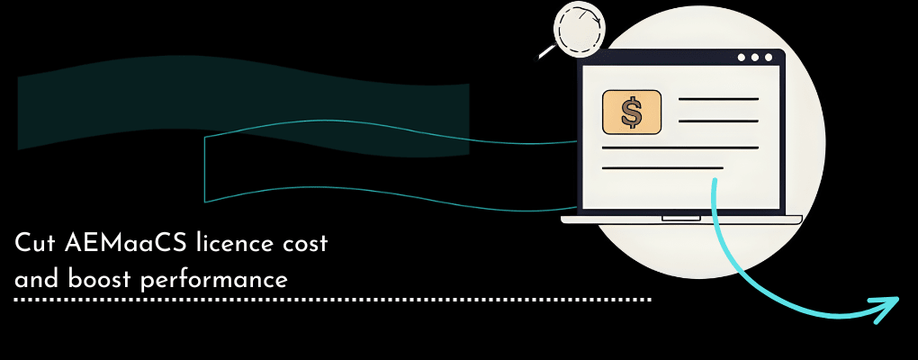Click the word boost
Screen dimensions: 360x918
click(x=94, y=279)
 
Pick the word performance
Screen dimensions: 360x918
click(x=214, y=280)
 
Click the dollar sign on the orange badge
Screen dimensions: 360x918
click(x=632, y=112)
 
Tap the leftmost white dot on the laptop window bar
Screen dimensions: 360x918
click(x=741, y=58)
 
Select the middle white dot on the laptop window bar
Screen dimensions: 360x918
click(x=754, y=58)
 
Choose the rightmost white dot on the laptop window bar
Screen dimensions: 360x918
click(x=768, y=58)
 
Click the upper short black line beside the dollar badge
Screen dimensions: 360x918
click(x=718, y=99)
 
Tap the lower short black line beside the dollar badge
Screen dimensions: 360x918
click(x=718, y=122)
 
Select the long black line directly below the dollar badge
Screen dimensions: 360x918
click(x=679, y=147)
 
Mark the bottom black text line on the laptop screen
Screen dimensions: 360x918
click(x=662, y=167)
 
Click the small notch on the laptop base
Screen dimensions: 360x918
click(x=681, y=218)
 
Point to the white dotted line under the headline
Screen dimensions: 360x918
click(x=333, y=299)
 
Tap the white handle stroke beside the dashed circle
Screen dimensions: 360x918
click(x=547, y=53)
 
